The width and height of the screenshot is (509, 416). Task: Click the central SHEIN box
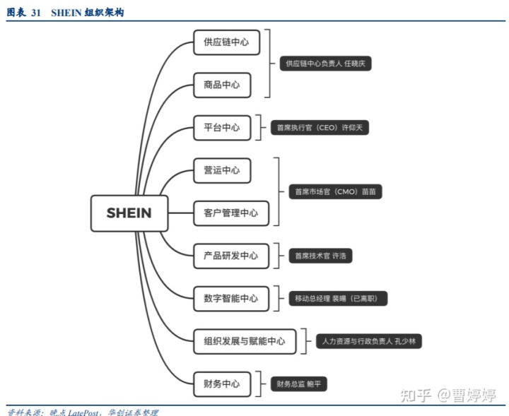129,213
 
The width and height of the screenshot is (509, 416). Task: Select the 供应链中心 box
226,42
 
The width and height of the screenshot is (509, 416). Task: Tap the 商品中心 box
221,85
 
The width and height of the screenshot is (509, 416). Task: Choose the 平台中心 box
221,128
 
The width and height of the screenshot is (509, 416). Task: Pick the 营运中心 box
221,170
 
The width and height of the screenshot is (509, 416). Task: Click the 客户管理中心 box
230,213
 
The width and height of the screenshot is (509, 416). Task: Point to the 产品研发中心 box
230,256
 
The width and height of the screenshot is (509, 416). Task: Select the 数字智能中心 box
230,299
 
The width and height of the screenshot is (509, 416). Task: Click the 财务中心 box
221,384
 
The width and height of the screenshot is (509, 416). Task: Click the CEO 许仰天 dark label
320,128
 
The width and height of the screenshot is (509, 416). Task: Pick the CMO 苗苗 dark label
335,191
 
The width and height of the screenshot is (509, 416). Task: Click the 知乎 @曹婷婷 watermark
447,394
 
